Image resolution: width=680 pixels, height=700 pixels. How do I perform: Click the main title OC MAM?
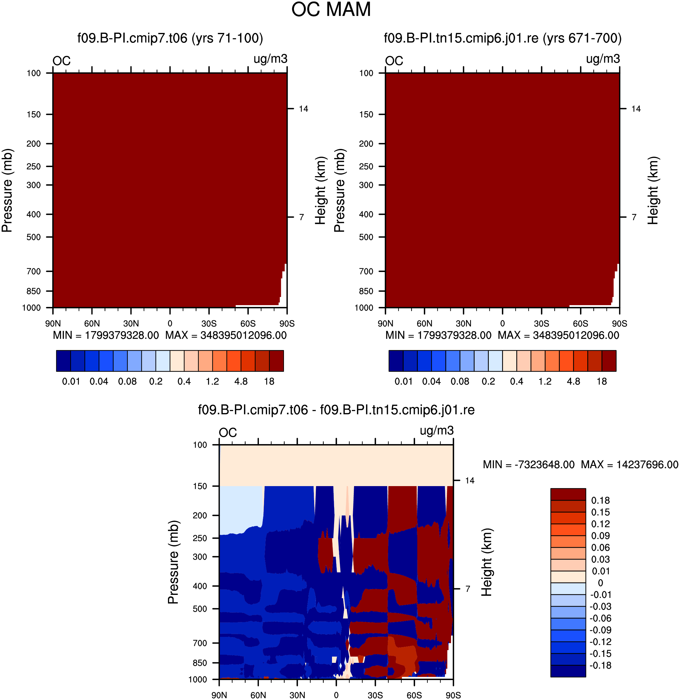[331, 10]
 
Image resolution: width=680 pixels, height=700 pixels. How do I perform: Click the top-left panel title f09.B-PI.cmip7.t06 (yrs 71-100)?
[170, 38]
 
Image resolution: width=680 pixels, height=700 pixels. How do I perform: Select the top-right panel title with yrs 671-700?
[502, 38]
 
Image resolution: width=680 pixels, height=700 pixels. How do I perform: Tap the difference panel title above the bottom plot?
[336, 410]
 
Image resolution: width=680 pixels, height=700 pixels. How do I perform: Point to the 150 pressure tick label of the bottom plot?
[200, 486]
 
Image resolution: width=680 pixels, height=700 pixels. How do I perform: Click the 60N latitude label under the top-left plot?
[92, 324]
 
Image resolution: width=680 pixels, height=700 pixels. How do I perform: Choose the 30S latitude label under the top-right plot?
[541, 324]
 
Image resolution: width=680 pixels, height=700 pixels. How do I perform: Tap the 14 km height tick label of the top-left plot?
[303, 108]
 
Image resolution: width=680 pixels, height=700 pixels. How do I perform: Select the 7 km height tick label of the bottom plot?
[468, 589]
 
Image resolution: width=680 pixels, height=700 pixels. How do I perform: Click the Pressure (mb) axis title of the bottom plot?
[173, 562]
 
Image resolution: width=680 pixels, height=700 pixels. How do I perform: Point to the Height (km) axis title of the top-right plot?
[653, 190]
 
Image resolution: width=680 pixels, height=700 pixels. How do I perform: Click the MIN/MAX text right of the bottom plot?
[581, 465]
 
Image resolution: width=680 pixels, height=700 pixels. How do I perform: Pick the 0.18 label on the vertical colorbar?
[600, 500]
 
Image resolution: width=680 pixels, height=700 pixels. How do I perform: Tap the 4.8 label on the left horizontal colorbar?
[241, 382]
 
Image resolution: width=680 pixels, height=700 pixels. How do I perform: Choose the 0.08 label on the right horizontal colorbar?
[460, 382]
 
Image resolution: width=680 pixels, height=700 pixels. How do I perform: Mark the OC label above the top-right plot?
[394, 61]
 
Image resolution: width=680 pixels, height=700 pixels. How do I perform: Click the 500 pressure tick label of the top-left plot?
[34, 237]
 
